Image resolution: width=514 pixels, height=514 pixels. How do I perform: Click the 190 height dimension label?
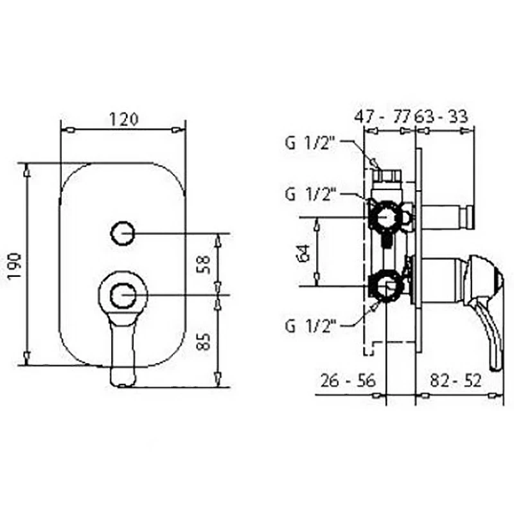coord(15,265)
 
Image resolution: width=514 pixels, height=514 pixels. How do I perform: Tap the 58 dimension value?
coord(204,264)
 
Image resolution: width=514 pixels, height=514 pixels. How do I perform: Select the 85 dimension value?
coord(204,341)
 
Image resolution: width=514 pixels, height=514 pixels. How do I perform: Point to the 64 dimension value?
coord(304,253)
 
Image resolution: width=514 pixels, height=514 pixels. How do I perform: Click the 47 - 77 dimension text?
coord(382,116)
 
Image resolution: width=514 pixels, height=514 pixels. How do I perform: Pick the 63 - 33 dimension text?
coord(441,116)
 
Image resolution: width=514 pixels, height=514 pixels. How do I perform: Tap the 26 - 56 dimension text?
coord(348,380)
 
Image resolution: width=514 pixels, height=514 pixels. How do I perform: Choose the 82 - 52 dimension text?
coord(456,380)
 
